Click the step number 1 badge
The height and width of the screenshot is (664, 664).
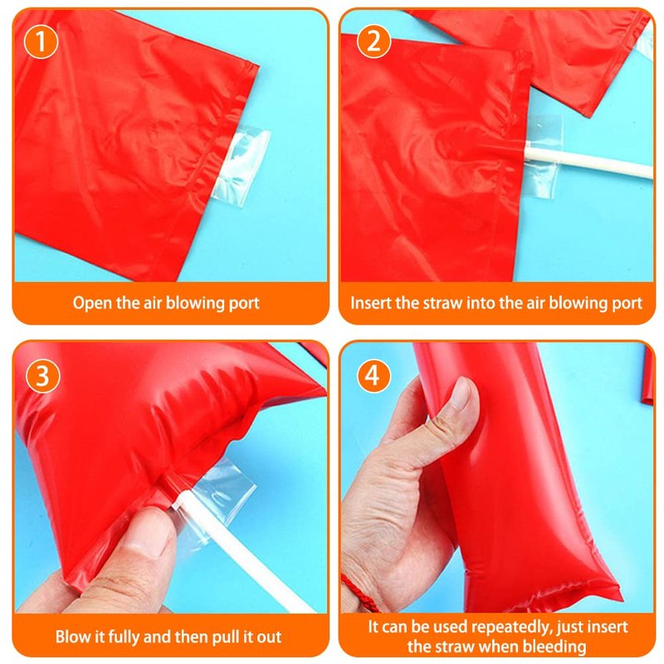click(x=41, y=41)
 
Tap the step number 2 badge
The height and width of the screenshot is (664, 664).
click(x=373, y=41)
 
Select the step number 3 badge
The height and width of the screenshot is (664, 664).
click(x=43, y=376)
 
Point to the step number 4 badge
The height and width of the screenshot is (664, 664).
click(x=373, y=376)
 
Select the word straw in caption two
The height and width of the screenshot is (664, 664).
click(x=442, y=303)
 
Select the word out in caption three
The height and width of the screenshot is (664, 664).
click(x=268, y=637)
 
